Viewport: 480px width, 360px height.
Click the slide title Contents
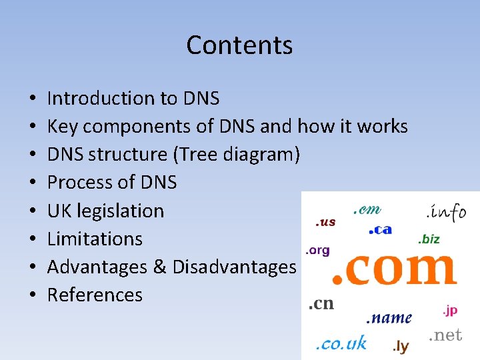pos(239,45)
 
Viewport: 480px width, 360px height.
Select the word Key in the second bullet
pos(61,127)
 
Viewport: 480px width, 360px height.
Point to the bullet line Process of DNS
pos(112,183)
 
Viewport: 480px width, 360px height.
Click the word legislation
pos(121,211)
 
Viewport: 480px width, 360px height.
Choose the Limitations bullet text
pos(95,239)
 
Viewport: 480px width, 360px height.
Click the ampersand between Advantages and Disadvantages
pos(159,267)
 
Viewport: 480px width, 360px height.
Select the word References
pos(95,295)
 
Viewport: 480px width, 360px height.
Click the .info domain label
pos(446,212)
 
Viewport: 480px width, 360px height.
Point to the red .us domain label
pos(325,222)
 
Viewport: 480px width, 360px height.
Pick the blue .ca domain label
pos(380,230)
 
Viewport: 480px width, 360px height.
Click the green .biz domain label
pos(429,239)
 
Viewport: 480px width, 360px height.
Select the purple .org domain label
pos(317,251)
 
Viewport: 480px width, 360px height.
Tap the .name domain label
pos(390,318)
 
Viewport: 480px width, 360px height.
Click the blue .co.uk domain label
pos(341,343)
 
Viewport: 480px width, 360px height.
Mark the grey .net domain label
pos(445,335)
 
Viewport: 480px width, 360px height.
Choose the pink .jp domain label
pos(450,311)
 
